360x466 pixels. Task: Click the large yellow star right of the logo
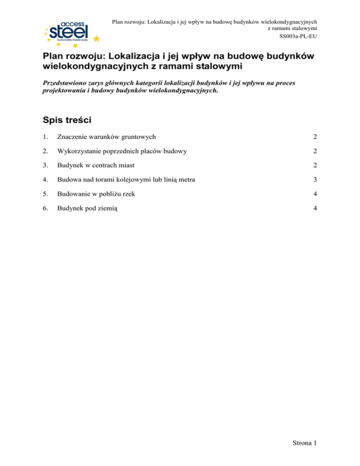pyautogui.click(x=96, y=38)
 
